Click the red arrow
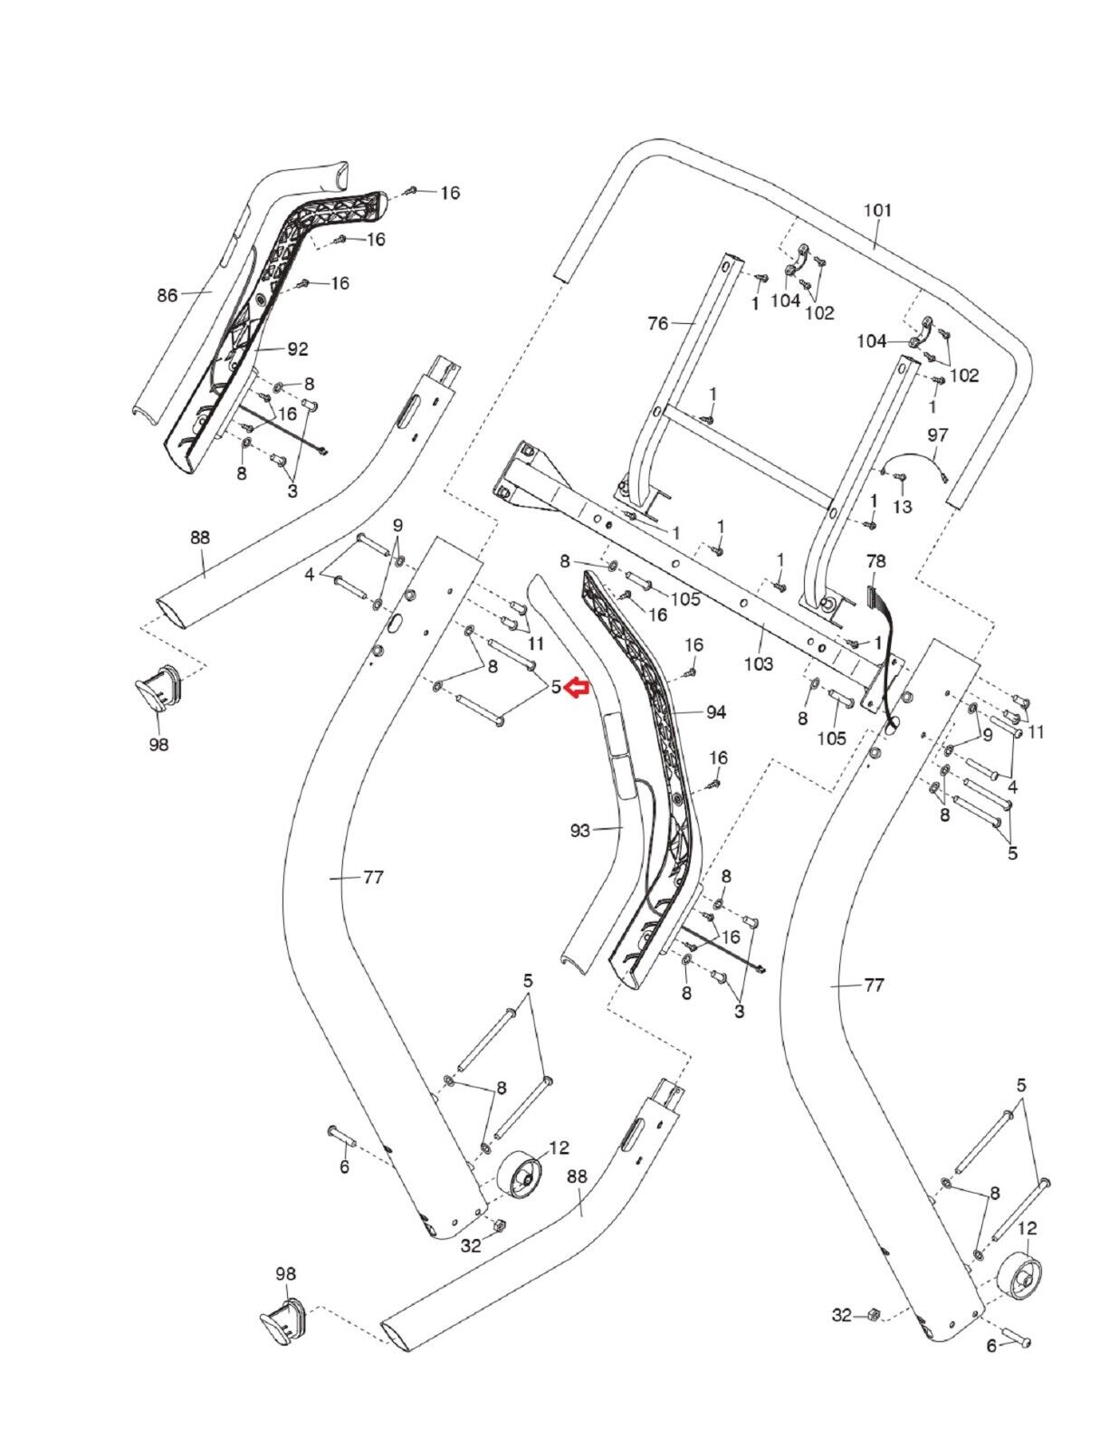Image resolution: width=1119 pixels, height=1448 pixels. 577,690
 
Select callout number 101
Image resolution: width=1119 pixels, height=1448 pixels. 877,210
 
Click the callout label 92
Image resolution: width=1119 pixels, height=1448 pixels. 298,348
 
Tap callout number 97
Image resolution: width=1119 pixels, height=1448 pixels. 937,436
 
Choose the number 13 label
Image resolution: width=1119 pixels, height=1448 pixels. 902,507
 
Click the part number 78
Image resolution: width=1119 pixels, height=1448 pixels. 875,561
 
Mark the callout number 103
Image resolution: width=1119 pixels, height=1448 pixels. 759,664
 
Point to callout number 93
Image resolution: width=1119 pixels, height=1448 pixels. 580,829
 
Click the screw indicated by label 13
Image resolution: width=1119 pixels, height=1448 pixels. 900,478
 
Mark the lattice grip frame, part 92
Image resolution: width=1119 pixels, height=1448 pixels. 272,299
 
